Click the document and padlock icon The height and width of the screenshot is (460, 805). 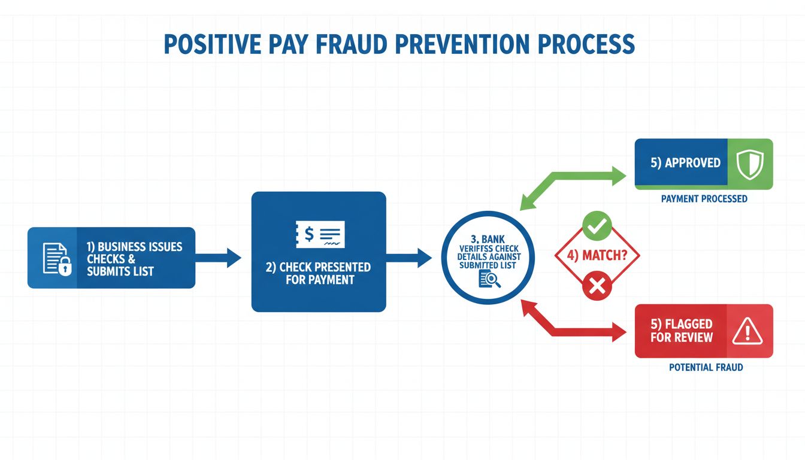pos(56,258)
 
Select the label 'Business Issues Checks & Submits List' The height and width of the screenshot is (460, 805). pos(134,259)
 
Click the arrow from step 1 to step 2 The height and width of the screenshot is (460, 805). pos(218,258)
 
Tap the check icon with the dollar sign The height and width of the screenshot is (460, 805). pos(320,234)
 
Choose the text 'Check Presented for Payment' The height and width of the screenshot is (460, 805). pos(318,273)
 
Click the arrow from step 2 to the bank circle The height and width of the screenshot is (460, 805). pos(409,258)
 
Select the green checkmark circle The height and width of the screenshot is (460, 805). pos(597,226)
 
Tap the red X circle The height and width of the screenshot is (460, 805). pos(597,286)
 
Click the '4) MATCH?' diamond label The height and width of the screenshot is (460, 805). pos(596,256)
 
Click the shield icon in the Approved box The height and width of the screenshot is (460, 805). pos(749,164)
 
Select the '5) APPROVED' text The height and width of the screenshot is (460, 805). pos(685,163)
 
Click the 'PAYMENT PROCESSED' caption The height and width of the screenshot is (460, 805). pos(704,198)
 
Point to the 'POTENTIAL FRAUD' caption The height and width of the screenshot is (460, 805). pos(706,367)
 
